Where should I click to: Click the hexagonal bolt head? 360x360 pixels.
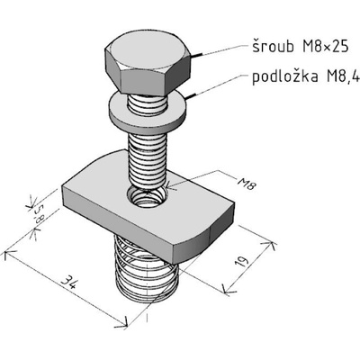(148, 61)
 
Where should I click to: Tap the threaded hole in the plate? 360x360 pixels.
(148, 197)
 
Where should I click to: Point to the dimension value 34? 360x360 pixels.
(69, 283)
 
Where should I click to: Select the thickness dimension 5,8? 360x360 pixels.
(39, 213)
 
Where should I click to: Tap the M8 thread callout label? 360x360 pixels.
(247, 183)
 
